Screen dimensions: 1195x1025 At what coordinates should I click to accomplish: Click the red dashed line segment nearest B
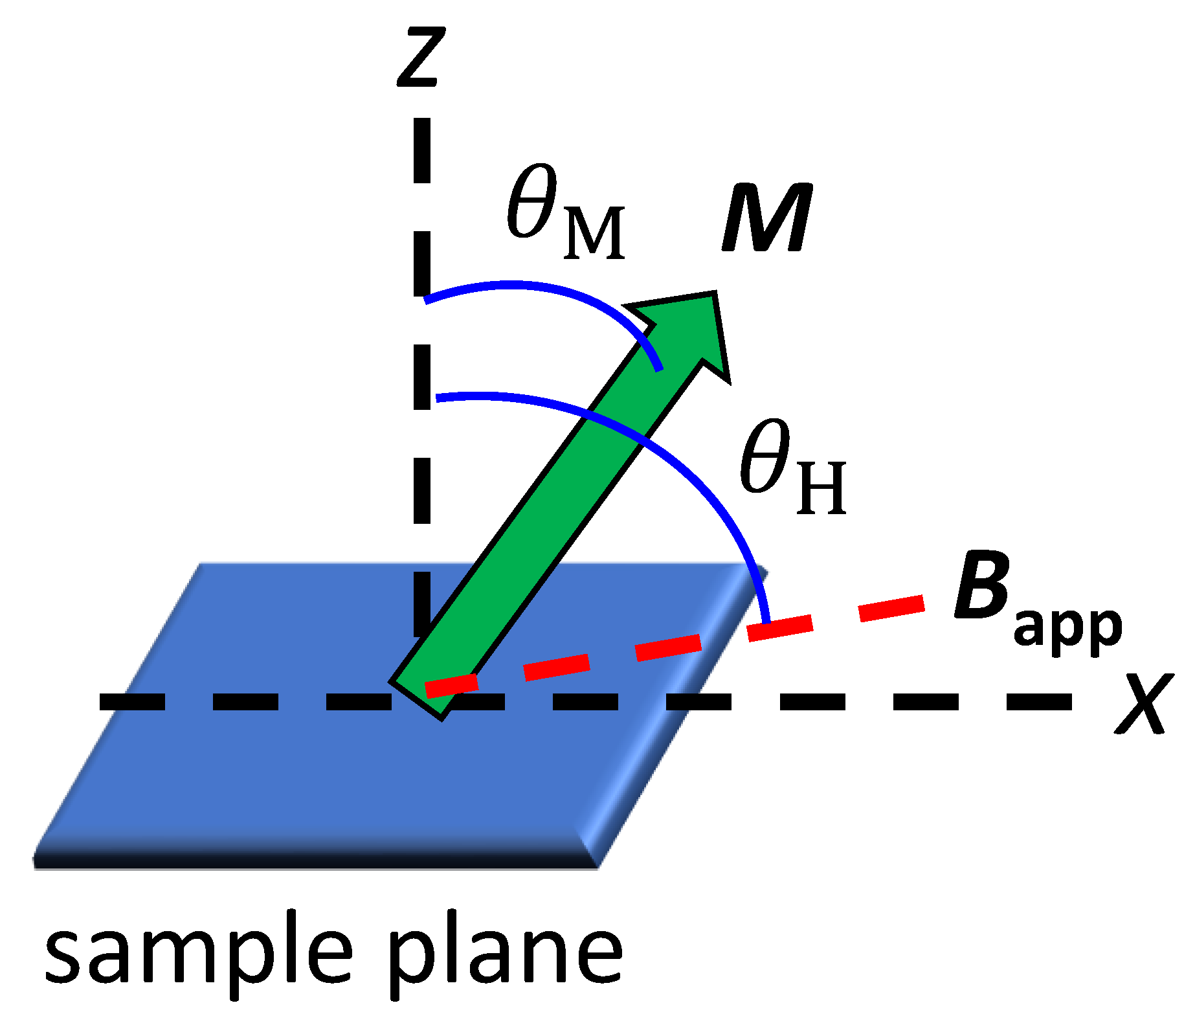coord(891,609)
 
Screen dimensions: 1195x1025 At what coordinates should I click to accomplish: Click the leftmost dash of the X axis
coord(132,702)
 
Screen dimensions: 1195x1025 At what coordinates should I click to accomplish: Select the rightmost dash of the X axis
coord(1039,702)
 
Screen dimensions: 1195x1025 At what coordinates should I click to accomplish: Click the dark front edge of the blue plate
coord(311,858)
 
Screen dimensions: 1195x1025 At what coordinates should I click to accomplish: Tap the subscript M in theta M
coord(594,233)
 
